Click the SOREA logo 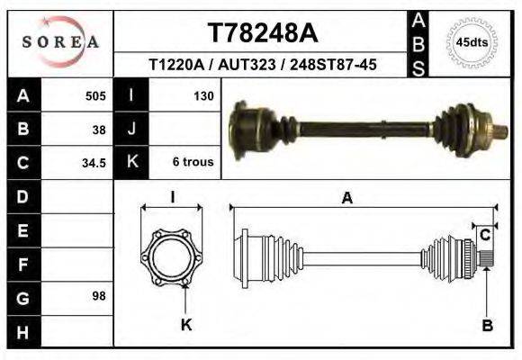click(x=60, y=41)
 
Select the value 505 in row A click(x=95, y=95)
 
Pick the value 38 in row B click(x=99, y=129)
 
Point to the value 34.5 click(x=95, y=163)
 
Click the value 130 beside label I click(x=202, y=95)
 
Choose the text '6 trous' click(x=193, y=163)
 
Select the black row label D click(x=22, y=196)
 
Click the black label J click(x=131, y=129)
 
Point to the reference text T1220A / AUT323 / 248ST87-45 click(x=262, y=65)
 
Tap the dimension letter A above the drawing click(x=347, y=199)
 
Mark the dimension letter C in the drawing click(x=484, y=236)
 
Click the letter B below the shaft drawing click(x=487, y=326)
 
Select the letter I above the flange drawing click(x=173, y=197)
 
